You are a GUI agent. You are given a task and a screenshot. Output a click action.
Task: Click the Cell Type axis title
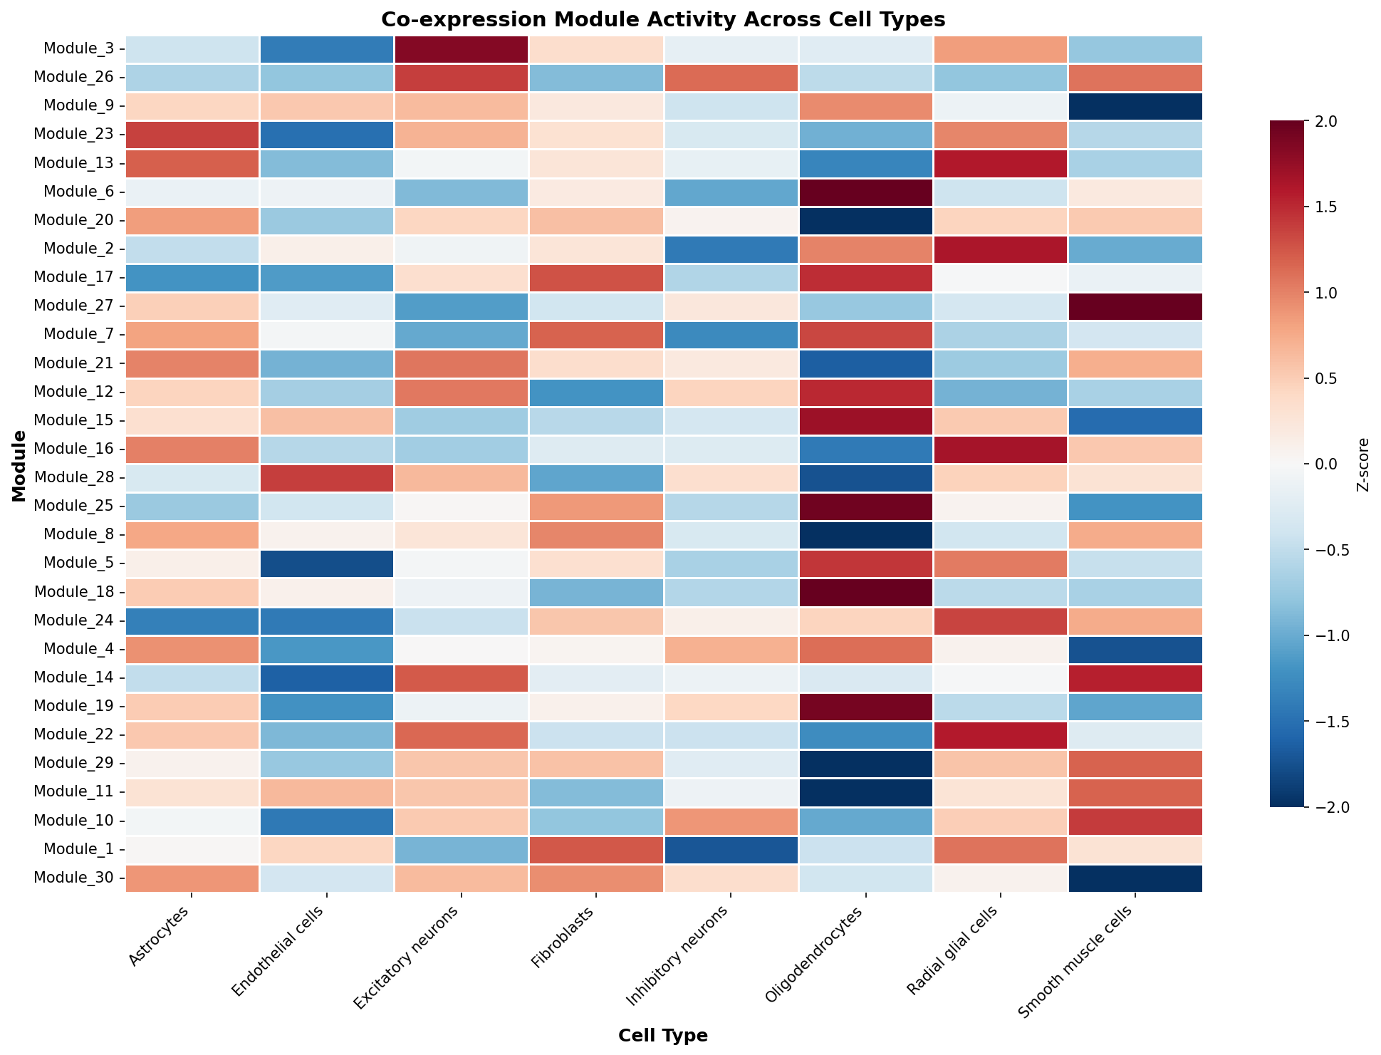pos(663,1036)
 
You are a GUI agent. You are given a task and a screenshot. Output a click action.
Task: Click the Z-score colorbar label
pos(1362,464)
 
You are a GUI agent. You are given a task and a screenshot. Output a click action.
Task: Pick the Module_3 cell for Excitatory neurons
pos(460,49)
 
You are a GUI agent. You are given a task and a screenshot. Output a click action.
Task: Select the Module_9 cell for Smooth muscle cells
pos(1135,106)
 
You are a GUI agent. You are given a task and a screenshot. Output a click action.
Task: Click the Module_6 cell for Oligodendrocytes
pos(865,192)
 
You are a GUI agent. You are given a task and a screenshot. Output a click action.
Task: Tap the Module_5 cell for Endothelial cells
pos(325,563)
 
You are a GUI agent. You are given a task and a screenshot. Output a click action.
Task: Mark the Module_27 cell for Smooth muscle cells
pos(1135,306)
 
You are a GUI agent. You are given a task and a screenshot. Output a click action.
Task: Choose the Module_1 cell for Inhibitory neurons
pos(731,849)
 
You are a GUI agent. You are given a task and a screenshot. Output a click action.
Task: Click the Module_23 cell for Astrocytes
pos(191,135)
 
